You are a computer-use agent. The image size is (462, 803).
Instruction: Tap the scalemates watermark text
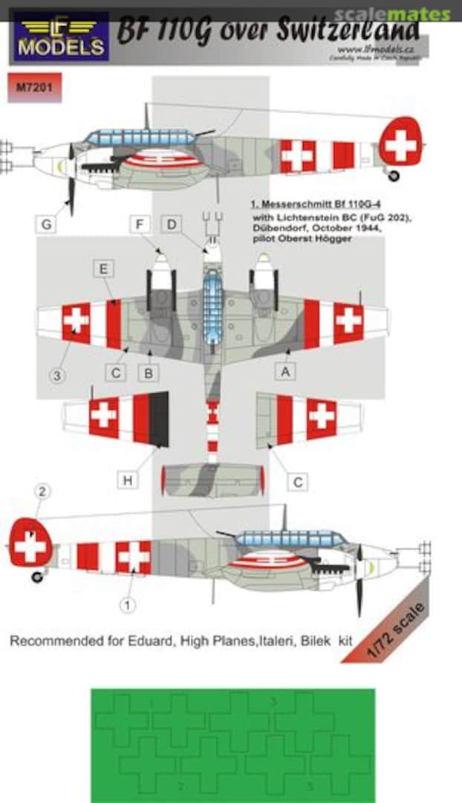click(x=391, y=13)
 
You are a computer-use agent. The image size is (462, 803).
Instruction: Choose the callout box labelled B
click(x=149, y=373)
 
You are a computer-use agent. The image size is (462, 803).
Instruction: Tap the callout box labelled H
click(x=128, y=481)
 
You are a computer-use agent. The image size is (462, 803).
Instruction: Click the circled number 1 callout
click(x=128, y=606)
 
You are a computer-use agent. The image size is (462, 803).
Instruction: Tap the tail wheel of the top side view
click(x=394, y=175)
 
